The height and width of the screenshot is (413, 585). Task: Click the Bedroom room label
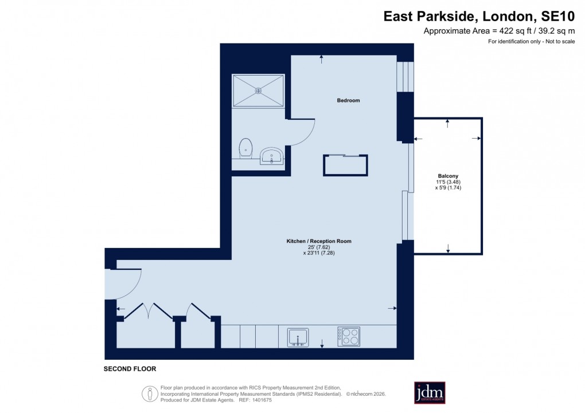(x=348, y=100)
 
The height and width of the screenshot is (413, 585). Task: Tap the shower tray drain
(x=258, y=90)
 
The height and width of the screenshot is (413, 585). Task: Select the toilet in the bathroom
(x=246, y=148)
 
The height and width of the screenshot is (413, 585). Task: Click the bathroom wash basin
(x=271, y=156)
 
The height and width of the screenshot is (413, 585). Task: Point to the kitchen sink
(x=298, y=337)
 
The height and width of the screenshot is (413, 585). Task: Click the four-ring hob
(x=349, y=336)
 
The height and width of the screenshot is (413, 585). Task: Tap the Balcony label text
(x=448, y=176)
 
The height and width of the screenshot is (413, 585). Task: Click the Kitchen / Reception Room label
(x=319, y=241)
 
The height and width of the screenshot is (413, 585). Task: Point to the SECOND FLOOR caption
(x=130, y=369)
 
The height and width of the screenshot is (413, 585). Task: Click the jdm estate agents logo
(x=430, y=392)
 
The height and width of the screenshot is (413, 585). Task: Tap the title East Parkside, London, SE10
(x=479, y=17)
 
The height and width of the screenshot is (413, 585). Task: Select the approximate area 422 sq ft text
(x=499, y=31)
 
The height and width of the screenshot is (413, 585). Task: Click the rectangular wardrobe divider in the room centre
(x=345, y=165)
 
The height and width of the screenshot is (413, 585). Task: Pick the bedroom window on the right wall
(x=405, y=76)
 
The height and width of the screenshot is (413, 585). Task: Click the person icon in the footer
(x=150, y=394)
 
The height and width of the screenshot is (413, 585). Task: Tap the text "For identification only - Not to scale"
(x=531, y=42)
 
